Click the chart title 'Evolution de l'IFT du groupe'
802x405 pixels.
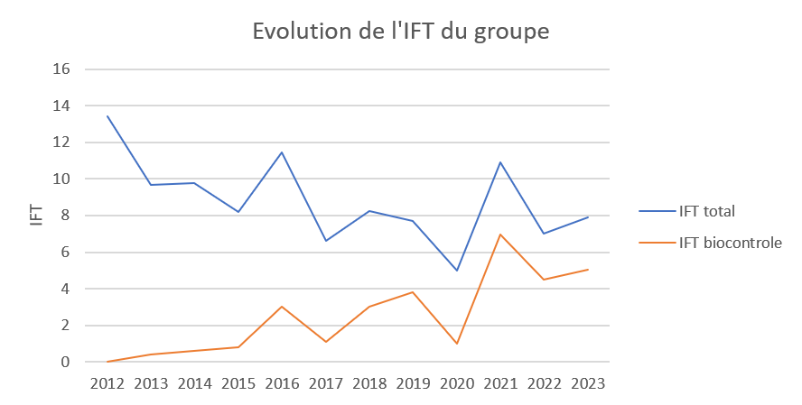click(400, 32)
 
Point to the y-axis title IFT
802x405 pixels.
click(37, 215)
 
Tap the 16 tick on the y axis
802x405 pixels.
click(62, 69)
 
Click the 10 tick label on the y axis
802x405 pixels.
click(62, 179)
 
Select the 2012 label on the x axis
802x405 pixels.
click(107, 383)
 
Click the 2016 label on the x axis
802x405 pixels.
click(282, 383)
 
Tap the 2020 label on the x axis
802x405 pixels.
click(457, 383)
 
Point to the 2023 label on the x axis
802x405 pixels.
click(588, 383)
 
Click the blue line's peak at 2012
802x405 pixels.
click(107, 116)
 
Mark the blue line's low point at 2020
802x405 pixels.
click(457, 271)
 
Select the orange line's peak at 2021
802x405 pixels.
click(500, 235)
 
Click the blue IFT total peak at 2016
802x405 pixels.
click(282, 152)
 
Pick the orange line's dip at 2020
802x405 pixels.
click(457, 344)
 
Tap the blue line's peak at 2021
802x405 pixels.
click(500, 162)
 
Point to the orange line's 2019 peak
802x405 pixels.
click(413, 292)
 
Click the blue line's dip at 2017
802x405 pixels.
click(326, 241)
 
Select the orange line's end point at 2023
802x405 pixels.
click(588, 270)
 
